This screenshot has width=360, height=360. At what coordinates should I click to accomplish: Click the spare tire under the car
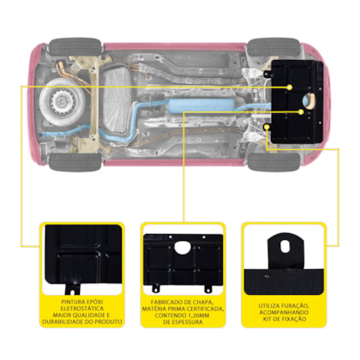coord(63,101)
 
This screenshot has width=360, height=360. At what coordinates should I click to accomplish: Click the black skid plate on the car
coord(296,102)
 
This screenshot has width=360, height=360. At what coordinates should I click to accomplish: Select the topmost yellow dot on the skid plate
coord(290,87)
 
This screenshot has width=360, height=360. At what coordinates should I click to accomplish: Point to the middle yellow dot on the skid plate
coord(301,112)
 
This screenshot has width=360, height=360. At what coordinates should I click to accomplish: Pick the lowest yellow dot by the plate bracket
coord(267,126)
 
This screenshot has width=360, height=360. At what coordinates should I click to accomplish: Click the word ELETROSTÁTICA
coord(81,309)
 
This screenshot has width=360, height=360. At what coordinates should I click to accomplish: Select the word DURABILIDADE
coord(63,321)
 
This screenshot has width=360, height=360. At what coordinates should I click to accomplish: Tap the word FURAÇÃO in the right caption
coord(294,306)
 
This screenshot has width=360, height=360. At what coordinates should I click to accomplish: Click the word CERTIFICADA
coord(206,309)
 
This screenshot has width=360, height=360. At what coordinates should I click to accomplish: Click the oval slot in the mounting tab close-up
coord(285,246)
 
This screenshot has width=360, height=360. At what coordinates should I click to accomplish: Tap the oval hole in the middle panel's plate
coord(183,247)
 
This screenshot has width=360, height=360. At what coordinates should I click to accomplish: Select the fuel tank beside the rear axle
coord(117,101)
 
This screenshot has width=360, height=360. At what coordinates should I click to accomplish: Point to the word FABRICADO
coord(165,303)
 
